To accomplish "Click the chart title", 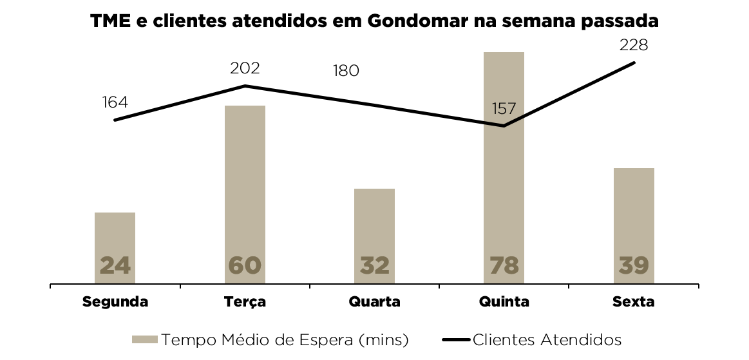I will tap(374, 21).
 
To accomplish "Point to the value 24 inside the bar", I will tap(115, 265).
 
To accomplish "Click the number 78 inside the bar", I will tap(504, 265).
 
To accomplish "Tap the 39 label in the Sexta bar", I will tap(634, 265).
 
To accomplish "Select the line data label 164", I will tap(115, 102).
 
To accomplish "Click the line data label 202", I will tap(245, 68).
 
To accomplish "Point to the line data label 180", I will tap(346, 71).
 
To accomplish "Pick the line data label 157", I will tap(504, 108).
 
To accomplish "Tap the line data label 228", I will tap(633, 45).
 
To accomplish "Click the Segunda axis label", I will tap(115, 301).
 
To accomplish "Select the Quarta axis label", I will tap(374, 301).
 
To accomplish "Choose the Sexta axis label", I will tap(634, 301).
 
